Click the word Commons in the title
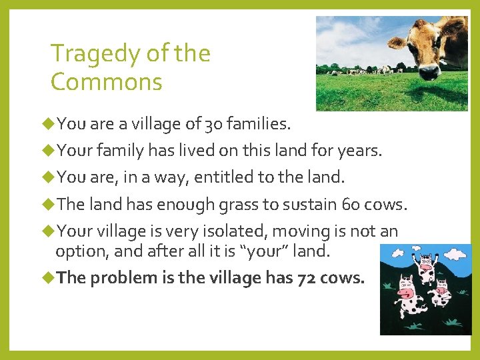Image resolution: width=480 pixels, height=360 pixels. [x=107, y=83]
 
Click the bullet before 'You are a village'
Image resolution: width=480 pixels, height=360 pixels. [x=50, y=123]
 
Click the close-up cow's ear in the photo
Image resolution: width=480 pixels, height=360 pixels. [x=397, y=41]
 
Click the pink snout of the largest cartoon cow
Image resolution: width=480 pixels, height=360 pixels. [x=403, y=292]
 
